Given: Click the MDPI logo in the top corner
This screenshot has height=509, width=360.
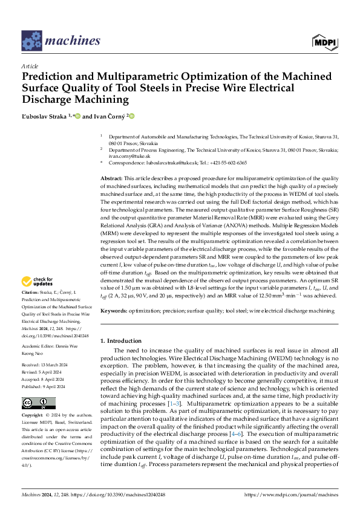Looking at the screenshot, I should [x=326, y=41].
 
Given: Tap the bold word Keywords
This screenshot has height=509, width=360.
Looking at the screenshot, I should [x=113, y=310].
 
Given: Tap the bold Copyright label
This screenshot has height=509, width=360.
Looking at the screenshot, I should [x=34, y=417].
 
